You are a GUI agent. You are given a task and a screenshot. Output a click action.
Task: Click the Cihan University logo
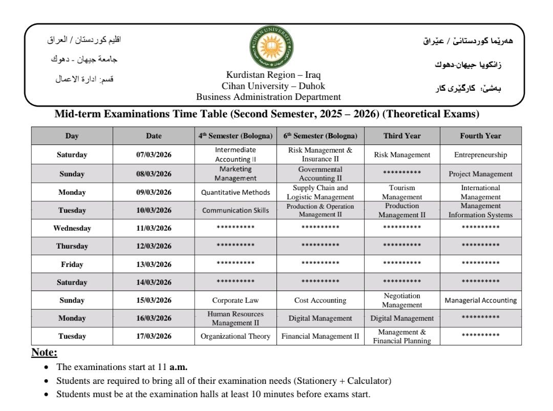(271, 48)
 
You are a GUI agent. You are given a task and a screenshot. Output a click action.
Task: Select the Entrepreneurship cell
(480, 155)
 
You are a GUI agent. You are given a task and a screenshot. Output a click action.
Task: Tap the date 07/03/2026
(154, 155)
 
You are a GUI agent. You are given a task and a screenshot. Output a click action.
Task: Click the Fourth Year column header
(480, 136)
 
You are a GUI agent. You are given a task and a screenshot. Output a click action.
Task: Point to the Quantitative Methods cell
(236, 193)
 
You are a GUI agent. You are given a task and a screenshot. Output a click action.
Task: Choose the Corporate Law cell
(236, 300)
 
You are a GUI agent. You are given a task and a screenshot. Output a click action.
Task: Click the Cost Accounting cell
(320, 300)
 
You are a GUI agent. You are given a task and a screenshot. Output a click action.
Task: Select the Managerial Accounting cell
(480, 300)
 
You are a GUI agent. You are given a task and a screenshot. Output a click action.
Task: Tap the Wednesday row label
(72, 228)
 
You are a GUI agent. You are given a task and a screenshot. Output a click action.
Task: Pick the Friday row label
(72, 264)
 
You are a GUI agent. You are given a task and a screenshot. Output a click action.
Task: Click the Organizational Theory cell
(236, 336)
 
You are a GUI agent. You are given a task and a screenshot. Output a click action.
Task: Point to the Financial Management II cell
(320, 336)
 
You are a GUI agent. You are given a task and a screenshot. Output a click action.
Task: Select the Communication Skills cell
(236, 210)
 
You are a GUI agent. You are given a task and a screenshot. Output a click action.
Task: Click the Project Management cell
(480, 174)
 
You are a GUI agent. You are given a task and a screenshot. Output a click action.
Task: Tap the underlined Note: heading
(45, 353)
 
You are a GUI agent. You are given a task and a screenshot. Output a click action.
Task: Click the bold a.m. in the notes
(179, 367)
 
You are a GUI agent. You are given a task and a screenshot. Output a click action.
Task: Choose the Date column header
(154, 136)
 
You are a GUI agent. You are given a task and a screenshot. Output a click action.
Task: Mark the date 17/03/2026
(154, 336)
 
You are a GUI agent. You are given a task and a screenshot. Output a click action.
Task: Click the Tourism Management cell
(402, 192)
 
